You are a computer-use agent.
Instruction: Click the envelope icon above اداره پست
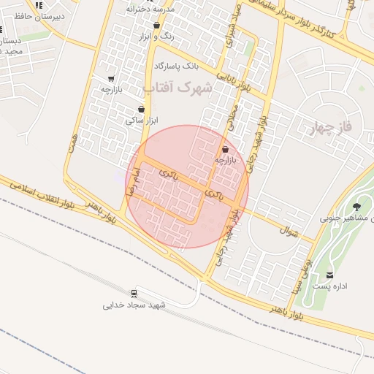click(x=330, y=275)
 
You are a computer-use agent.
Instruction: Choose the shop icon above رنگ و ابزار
click(x=156, y=26)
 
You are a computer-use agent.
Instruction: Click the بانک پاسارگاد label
click(x=176, y=66)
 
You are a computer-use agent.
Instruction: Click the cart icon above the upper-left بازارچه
click(x=110, y=79)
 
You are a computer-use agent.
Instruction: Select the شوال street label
click(x=289, y=231)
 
